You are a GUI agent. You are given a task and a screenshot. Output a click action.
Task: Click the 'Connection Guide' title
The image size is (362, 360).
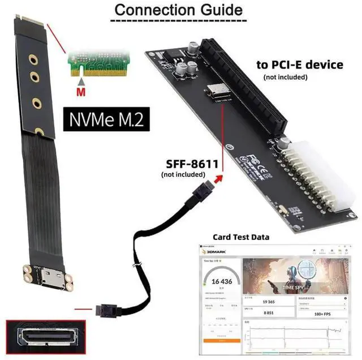point(178,10)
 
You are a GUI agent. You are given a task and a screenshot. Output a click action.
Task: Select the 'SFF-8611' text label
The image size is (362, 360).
point(191,164)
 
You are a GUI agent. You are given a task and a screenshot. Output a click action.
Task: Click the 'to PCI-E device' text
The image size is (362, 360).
point(300,65)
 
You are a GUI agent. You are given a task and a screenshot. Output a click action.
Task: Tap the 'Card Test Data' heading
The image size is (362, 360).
point(240,237)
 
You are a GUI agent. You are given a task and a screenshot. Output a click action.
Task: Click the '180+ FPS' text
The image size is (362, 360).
point(321,312)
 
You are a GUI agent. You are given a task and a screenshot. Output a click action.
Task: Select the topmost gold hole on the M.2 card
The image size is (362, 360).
point(33,58)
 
